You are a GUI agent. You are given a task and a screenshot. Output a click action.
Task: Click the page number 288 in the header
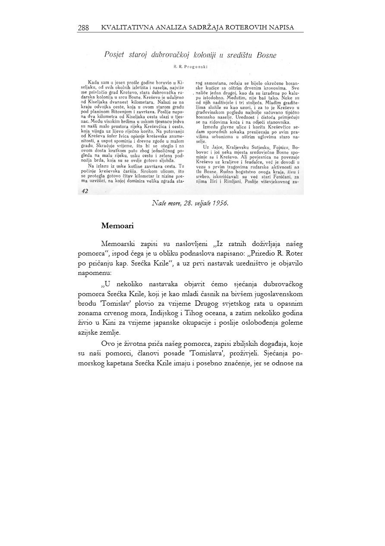click(83, 28)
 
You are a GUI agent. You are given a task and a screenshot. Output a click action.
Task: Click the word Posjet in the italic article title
click(115, 55)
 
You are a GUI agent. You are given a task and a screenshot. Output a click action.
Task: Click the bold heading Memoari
click(117, 226)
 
